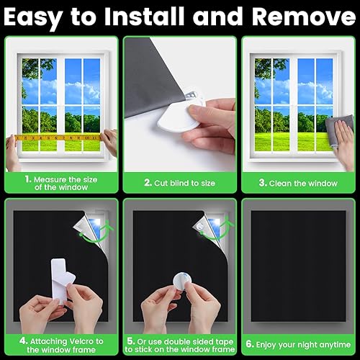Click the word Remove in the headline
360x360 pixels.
(304, 17)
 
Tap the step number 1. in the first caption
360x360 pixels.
(28, 179)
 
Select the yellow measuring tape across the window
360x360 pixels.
(58, 138)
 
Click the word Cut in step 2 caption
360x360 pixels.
(161, 183)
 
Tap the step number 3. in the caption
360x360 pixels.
(263, 183)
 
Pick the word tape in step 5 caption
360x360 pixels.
(223, 341)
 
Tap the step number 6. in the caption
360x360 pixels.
(250, 344)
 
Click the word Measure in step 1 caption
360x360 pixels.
(50, 179)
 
